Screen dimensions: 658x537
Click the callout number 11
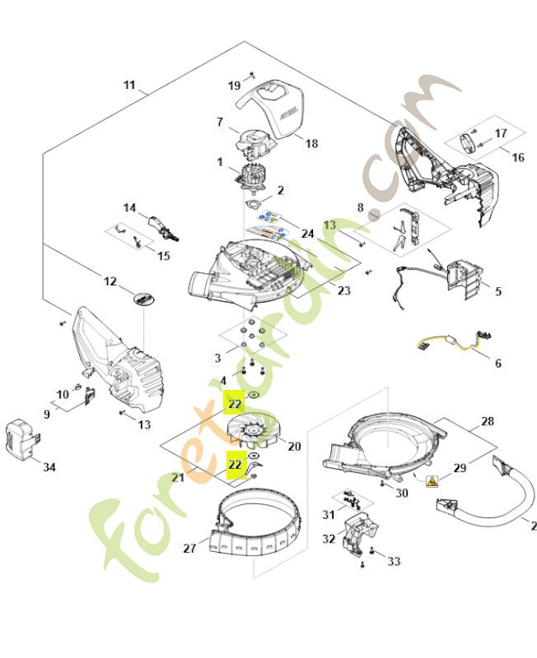[129, 85]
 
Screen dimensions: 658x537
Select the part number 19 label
[234, 86]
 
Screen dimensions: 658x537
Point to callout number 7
[220, 122]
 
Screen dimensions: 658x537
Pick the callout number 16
[517, 157]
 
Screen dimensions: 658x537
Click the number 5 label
[497, 291]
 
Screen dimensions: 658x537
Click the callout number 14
[130, 208]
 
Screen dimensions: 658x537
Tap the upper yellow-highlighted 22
[235, 403]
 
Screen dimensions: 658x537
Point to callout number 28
[488, 421]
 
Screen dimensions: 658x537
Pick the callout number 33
[394, 561]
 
